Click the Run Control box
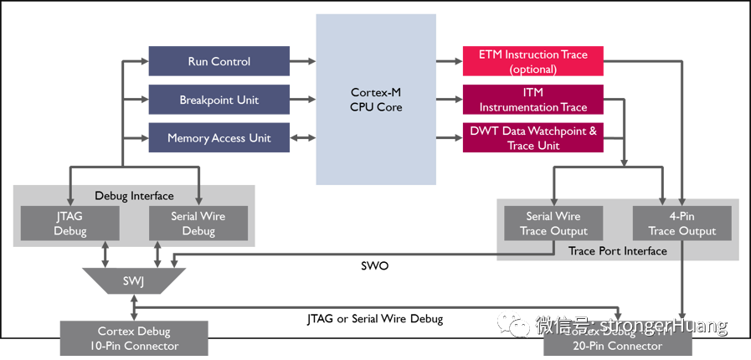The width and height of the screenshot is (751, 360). point(219,61)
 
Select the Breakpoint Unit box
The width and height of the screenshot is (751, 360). point(219,100)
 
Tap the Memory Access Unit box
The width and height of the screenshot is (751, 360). point(219,138)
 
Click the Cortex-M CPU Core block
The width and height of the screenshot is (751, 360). point(376,100)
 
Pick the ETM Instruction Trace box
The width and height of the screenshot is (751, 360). point(532,61)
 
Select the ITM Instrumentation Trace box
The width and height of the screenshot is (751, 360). point(532,100)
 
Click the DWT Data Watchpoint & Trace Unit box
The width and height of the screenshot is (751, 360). point(532,138)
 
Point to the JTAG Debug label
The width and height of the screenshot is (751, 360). point(69,224)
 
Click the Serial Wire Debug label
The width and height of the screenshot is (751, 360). point(198,224)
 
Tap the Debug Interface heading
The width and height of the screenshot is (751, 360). point(134,196)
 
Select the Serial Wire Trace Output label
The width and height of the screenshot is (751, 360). point(553,224)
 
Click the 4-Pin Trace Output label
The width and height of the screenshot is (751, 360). point(682,224)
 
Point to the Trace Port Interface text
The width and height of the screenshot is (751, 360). point(618,251)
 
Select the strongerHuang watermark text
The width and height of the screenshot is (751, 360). point(661,325)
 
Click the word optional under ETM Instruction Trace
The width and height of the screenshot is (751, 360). point(532,69)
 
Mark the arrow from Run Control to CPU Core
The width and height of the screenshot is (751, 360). point(303,61)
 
